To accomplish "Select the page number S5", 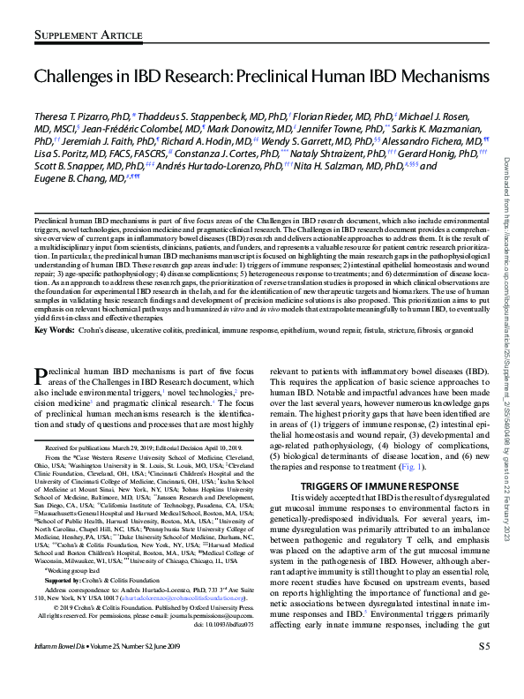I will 484,671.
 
